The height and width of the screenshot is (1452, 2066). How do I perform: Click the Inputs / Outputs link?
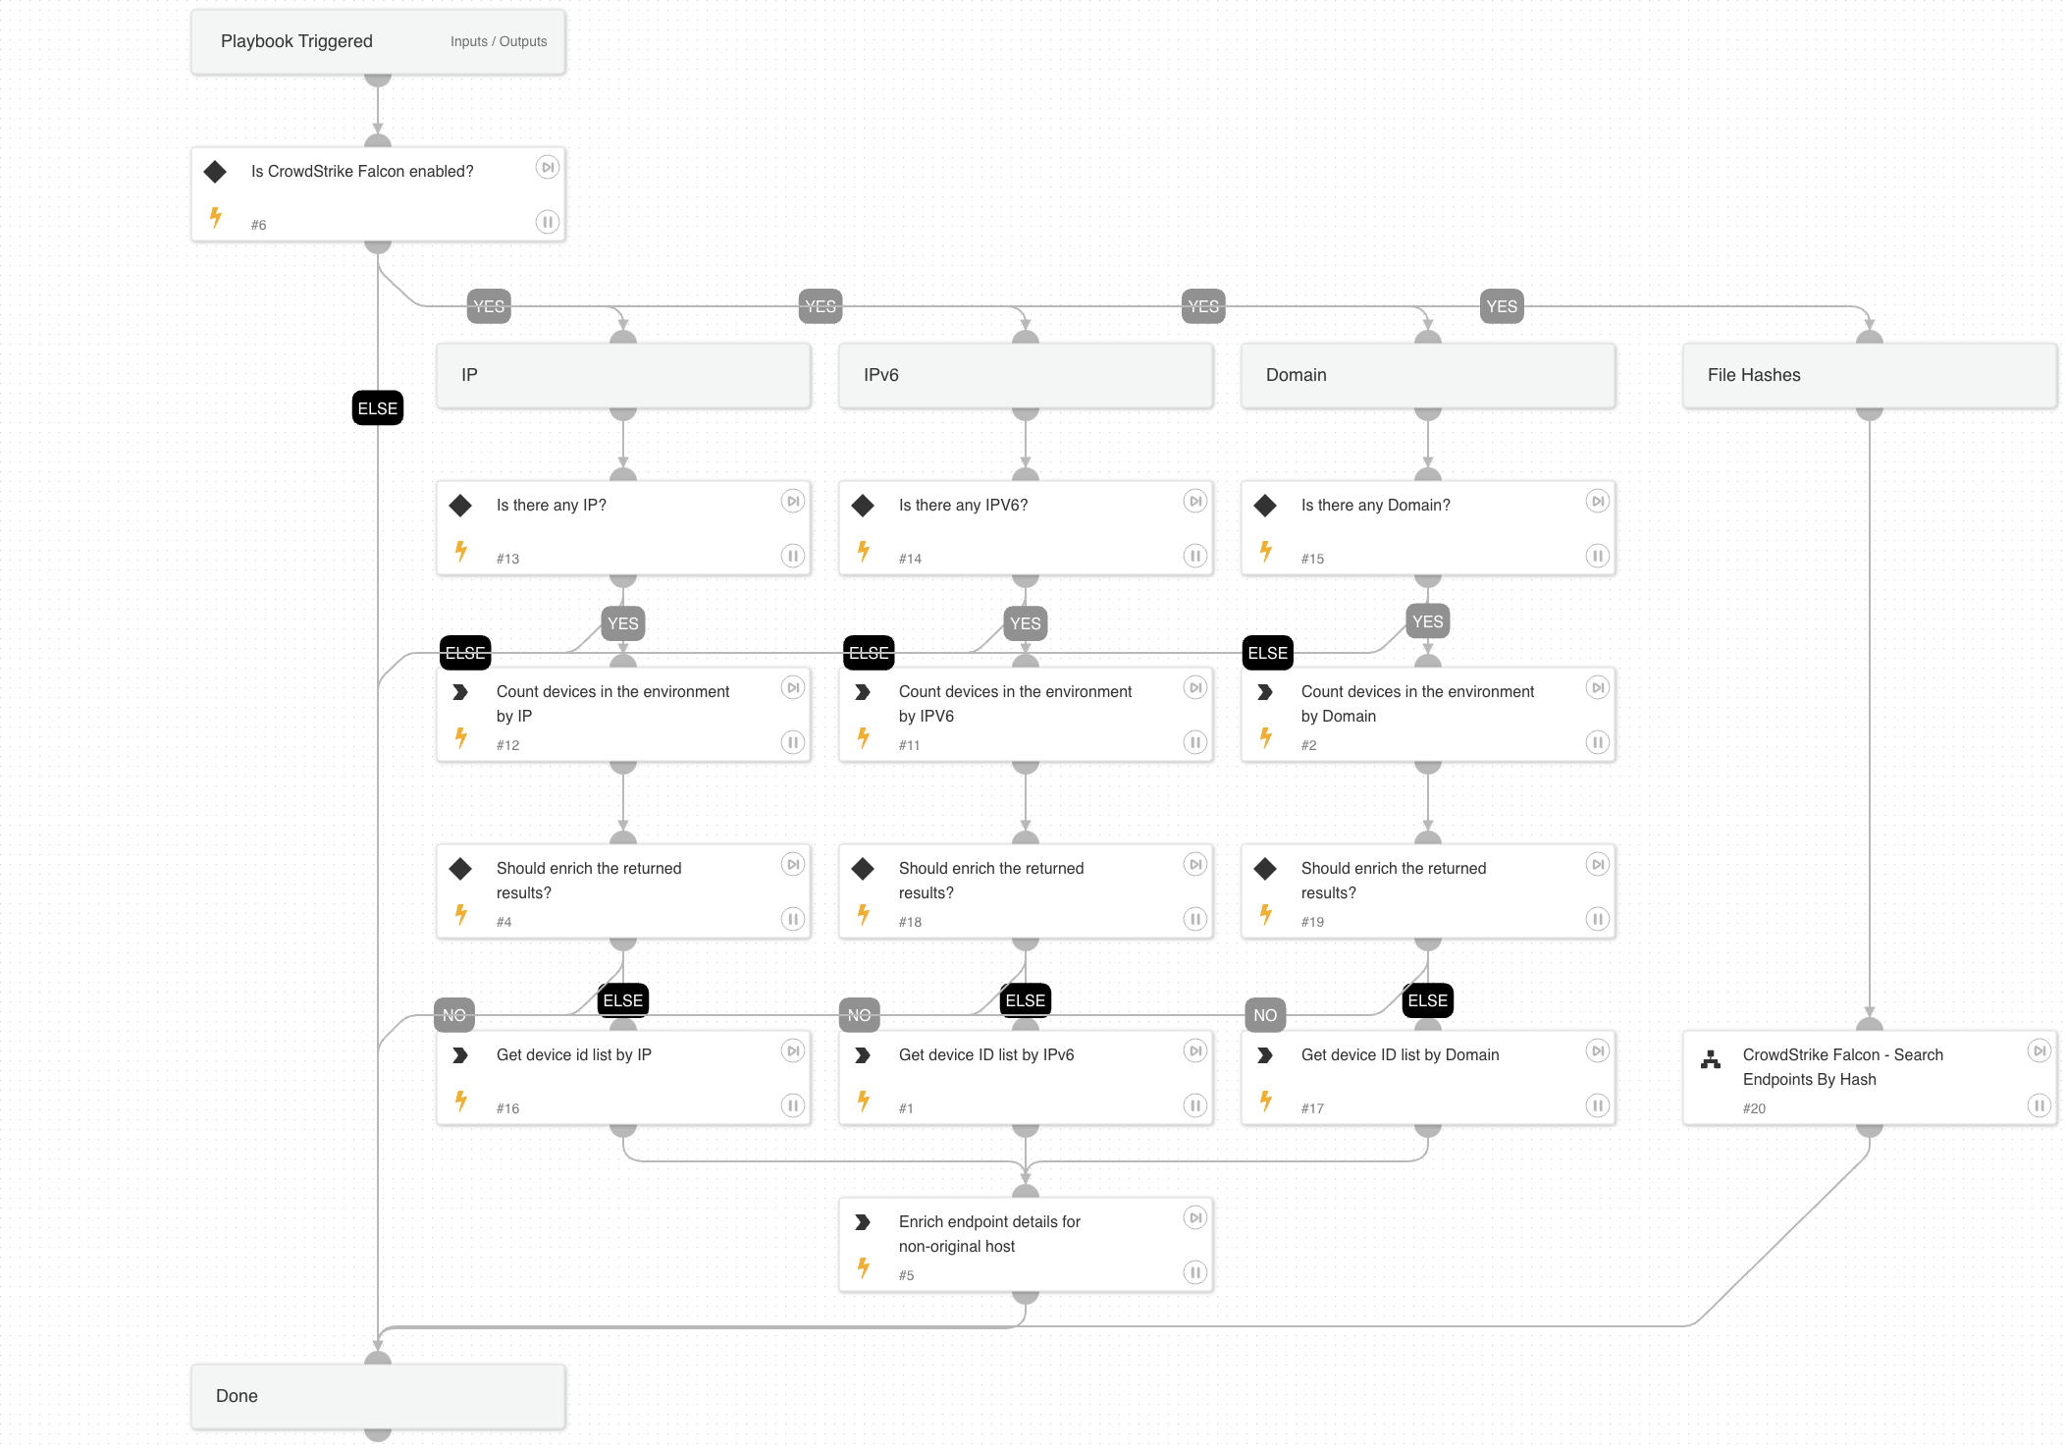499,41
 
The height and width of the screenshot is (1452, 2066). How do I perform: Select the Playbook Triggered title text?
296,41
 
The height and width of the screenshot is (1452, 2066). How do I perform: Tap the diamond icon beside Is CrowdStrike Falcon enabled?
215,172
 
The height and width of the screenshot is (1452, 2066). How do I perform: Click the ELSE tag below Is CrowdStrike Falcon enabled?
378,408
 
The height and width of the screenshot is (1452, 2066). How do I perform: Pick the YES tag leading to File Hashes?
1502,306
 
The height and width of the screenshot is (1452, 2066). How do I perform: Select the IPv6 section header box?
1026,375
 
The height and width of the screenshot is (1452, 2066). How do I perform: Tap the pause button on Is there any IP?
793,556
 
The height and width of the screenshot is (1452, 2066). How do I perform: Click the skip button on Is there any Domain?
1598,501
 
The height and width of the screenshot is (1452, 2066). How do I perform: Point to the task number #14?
910,559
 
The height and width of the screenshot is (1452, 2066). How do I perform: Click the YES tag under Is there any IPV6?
1026,623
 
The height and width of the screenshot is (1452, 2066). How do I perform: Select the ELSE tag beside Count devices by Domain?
1267,653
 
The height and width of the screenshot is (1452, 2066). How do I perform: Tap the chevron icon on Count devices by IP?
460,692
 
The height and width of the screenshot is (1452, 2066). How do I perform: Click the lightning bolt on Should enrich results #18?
864,915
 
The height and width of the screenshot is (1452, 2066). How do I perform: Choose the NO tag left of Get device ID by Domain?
1265,1015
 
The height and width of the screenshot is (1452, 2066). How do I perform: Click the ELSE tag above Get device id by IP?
623,1000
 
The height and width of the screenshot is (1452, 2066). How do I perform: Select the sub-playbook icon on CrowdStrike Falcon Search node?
1711,1059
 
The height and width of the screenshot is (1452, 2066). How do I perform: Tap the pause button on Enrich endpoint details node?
1195,1272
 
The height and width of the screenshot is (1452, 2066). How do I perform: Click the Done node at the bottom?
378,1396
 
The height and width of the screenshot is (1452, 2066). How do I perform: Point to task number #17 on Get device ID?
1312,1108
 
